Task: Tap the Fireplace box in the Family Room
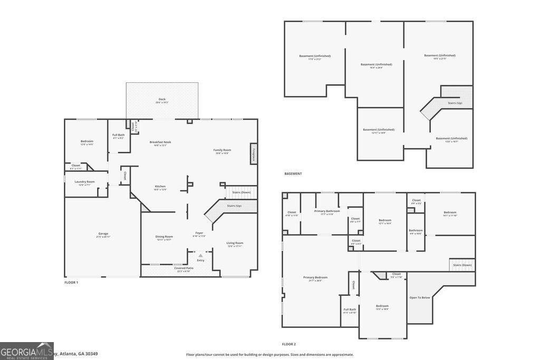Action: coord(254,154)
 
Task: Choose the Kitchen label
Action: coord(160,187)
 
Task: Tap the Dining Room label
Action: coord(164,237)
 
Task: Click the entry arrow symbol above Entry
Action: coord(200,256)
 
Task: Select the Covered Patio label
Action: coord(184,269)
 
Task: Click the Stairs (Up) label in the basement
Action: coord(455,103)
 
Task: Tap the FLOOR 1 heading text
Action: coord(71,283)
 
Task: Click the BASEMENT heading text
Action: coord(293,173)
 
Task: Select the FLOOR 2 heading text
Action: coord(289,344)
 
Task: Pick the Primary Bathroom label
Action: coord(327,212)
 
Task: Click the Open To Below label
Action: coord(420,297)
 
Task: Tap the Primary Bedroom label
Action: coord(315,278)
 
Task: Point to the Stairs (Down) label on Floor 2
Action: coord(462,265)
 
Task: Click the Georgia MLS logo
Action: coord(26,351)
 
